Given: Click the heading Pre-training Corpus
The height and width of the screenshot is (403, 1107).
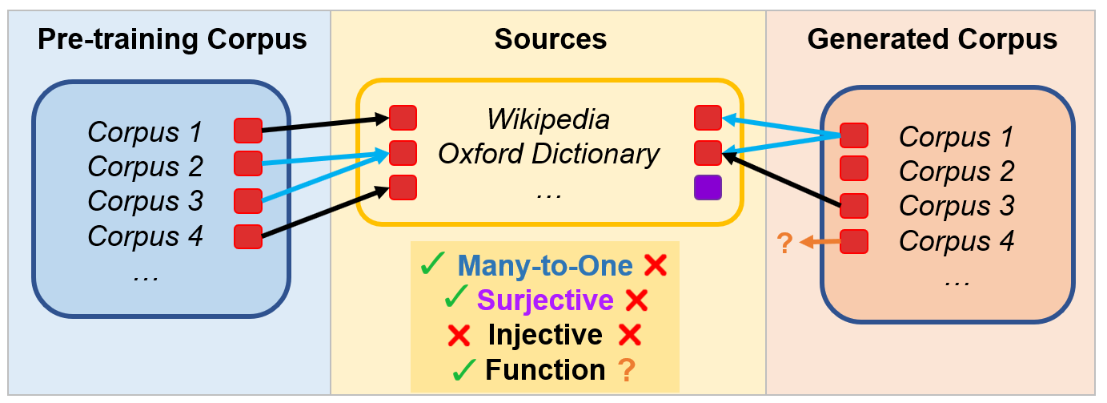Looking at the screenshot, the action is click(172, 39).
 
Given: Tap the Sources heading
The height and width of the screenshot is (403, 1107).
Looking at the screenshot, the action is click(551, 39).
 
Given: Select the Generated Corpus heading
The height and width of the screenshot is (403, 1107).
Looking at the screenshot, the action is click(932, 39).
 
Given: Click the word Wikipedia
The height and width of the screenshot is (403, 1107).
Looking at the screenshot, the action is click(548, 119).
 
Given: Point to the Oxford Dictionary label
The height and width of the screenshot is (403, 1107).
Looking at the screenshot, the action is click(548, 154).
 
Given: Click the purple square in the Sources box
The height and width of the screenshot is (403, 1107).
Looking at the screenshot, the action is click(708, 187).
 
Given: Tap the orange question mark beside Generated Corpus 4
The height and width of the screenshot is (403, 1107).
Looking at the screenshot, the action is click(784, 243).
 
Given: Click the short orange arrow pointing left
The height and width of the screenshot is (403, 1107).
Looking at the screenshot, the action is click(820, 242).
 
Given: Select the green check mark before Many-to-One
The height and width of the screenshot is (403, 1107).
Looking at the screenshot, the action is click(432, 264).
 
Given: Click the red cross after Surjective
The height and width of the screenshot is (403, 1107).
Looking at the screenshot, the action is click(636, 300).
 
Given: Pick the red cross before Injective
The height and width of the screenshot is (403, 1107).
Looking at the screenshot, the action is click(459, 335).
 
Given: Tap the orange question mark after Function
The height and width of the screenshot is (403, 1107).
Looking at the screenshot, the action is click(627, 370).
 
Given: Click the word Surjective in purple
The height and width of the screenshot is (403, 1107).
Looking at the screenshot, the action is click(545, 300).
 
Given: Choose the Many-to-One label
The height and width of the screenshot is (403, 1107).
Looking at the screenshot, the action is click(545, 265).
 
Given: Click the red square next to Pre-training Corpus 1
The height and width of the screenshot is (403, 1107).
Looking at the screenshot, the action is click(248, 131).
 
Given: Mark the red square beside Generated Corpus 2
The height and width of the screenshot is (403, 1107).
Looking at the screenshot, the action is click(854, 168).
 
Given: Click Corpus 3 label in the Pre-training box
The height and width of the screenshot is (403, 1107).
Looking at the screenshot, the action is click(146, 201).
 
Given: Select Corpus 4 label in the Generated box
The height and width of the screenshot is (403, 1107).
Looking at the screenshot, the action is click(957, 241).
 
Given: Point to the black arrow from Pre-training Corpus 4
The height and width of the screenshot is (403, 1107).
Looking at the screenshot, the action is click(325, 212).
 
